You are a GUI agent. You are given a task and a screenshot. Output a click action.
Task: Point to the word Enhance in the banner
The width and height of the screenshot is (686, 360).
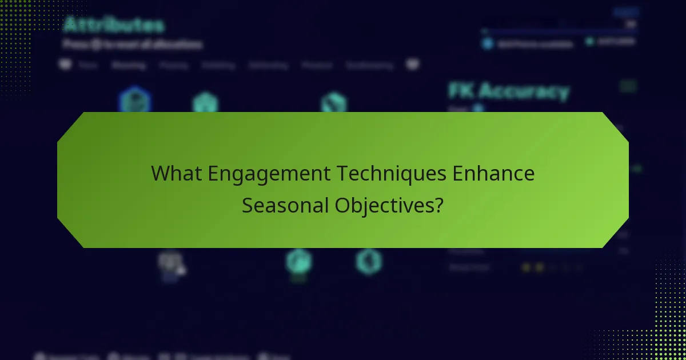pyautogui.click(x=493, y=174)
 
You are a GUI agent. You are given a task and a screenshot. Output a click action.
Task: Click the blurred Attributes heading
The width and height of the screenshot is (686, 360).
pyautogui.click(x=114, y=25)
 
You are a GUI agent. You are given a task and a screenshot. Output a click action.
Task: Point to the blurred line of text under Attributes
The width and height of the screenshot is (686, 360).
pyautogui.click(x=132, y=44)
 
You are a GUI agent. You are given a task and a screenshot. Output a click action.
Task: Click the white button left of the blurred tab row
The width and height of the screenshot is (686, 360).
pyautogui.click(x=66, y=65)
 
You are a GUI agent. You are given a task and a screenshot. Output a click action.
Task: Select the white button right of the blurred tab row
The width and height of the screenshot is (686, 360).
pyautogui.click(x=413, y=65)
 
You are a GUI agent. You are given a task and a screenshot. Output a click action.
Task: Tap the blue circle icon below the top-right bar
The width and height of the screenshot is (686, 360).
pyautogui.click(x=488, y=43)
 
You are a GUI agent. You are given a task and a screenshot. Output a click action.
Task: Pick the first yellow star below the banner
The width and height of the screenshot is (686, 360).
pyautogui.click(x=526, y=267)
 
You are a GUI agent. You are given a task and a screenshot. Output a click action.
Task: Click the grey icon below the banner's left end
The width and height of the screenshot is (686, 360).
pyautogui.click(x=170, y=263)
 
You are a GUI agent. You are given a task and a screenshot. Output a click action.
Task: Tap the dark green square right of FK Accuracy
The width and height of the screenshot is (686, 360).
pyautogui.click(x=628, y=86)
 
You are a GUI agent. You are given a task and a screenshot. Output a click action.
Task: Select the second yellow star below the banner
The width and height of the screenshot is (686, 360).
pyautogui.click(x=539, y=267)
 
